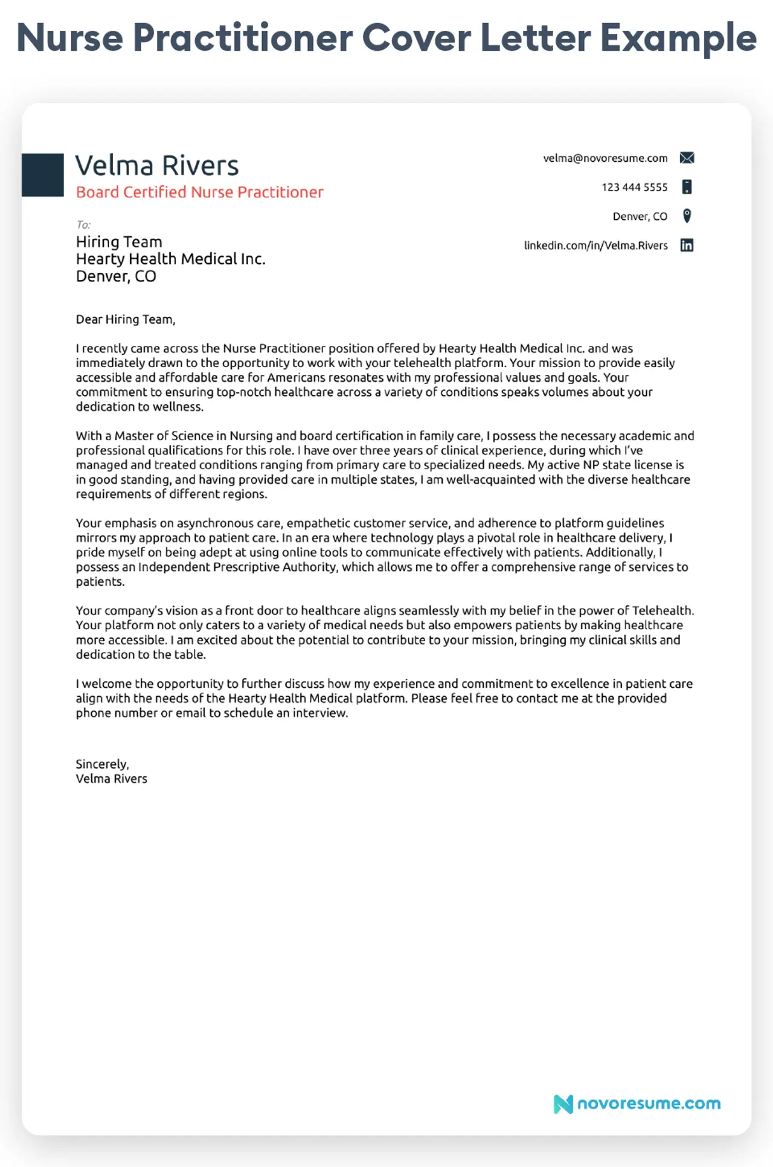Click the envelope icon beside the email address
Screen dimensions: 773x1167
pos(687,158)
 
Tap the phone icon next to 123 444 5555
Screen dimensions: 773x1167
pos(687,187)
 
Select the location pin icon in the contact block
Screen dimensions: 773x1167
pos(687,216)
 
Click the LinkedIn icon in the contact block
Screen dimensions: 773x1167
pos(687,245)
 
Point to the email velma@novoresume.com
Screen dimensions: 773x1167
pos(605,158)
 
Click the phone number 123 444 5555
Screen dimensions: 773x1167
pos(634,187)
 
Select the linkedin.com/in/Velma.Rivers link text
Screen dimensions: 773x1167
pos(595,246)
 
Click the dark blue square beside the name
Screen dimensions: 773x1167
pos(43,175)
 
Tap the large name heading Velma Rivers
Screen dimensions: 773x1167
pos(157,165)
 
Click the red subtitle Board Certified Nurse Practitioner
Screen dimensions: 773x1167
pos(199,192)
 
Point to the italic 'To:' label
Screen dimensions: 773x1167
pos(83,225)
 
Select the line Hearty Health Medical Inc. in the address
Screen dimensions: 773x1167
pos(170,259)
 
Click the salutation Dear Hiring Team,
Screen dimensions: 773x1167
pos(126,319)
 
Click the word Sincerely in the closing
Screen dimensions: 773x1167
pos(102,764)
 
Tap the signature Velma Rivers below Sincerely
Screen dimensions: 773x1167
pos(111,779)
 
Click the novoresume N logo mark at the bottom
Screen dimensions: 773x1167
pos(563,1104)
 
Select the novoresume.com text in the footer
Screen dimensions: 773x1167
pos(649,1104)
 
